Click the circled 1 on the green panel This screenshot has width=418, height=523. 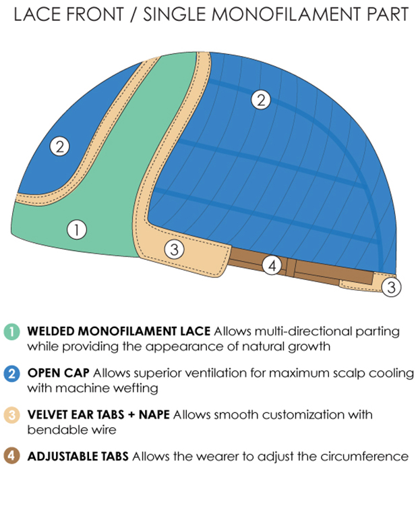(77, 229)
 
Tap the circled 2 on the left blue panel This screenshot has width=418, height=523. (60, 146)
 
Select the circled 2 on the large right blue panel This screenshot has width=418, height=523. (261, 100)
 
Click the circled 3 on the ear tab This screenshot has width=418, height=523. (175, 249)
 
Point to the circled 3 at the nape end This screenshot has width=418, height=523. (391, 287)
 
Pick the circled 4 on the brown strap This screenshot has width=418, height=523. (272, 265)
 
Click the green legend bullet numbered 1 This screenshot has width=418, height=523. (11, 331)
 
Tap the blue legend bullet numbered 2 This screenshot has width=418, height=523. (11, 373)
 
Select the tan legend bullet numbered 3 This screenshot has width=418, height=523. (11, 415)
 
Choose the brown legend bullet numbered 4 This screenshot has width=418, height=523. (11, 456)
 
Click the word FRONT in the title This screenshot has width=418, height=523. (94, 15)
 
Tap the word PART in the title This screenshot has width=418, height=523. (388, 15)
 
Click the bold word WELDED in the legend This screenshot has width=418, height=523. (51, 331)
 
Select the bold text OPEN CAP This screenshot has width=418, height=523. (59, 373)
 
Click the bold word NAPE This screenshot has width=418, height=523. (154, 414)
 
